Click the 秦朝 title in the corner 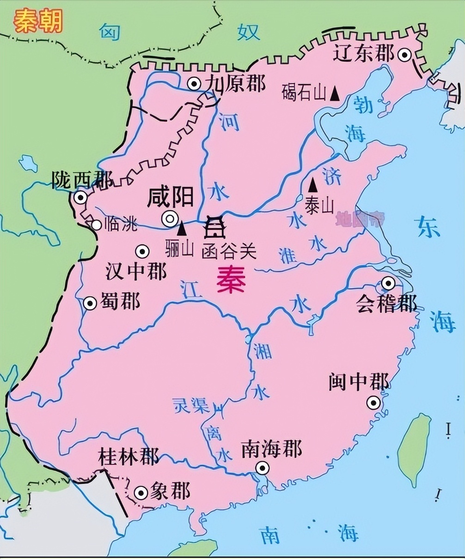coord(38,21)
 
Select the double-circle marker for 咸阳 coord(170,218)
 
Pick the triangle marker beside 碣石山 coord(335,94)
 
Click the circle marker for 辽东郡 coord(405,56)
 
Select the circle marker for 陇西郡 coord(81,198)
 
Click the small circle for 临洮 coord(96,225)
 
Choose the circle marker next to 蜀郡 coord(90,304)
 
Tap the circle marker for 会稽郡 coord(388,283)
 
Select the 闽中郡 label coord(359,382)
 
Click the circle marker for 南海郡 coord(263,468)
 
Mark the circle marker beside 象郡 coord(141,493)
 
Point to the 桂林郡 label coord(128,457)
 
